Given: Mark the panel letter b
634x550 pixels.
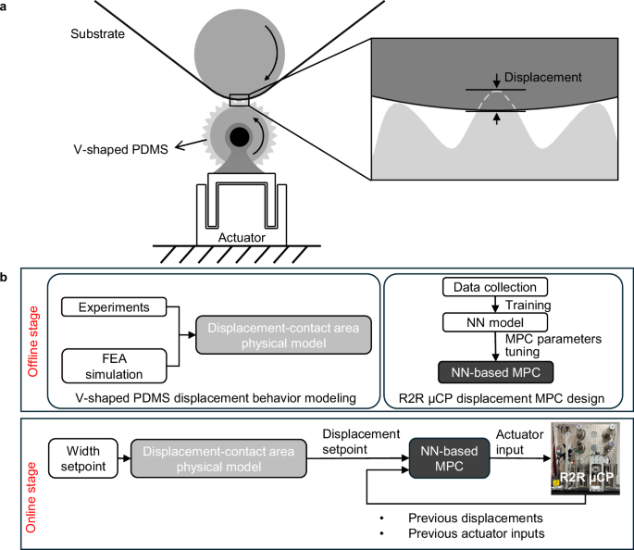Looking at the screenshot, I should [x=6, y=276].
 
